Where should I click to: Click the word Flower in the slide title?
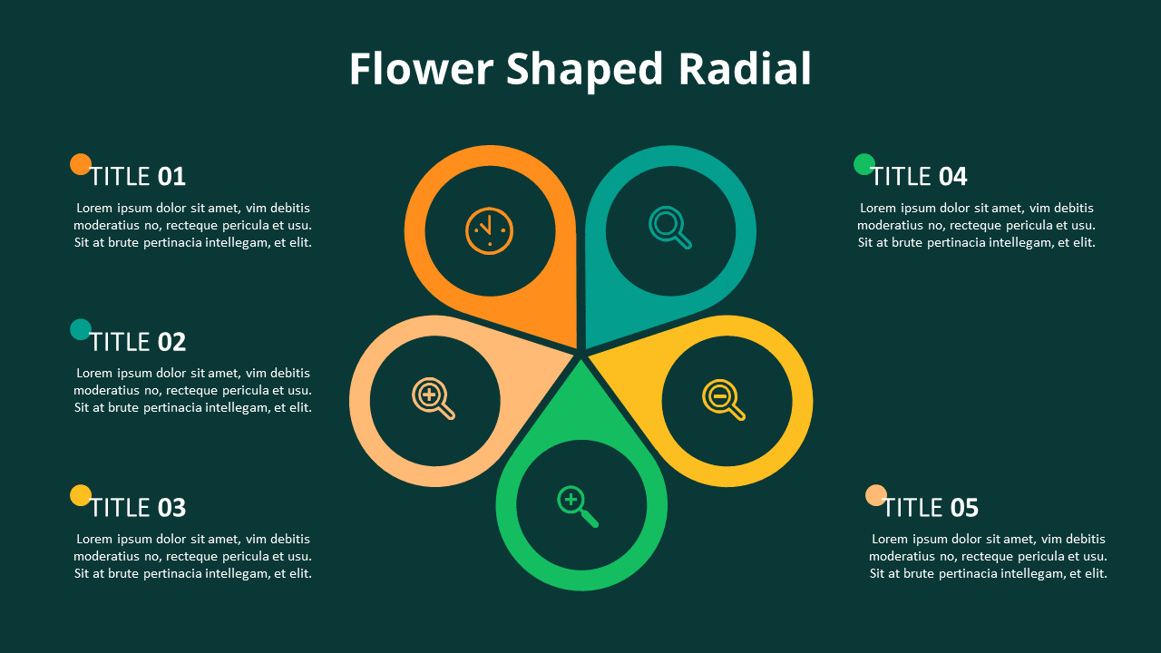pos(421,68)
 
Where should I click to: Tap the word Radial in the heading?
pos(745,68)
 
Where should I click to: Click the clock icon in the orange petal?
pos(489,231)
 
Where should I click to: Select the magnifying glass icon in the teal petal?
pos(669,228)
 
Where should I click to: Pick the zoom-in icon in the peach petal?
pos(434,398)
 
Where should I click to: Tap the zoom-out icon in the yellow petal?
pos(724,399)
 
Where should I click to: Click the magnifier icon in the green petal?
pos(578,506)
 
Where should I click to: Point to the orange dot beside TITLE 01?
pos(81,164)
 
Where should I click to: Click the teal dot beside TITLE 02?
pos(81,329)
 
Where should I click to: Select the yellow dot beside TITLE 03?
pos(81,495)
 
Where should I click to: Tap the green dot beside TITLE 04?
pos(864,164)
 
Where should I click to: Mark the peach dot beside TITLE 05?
pos(876,495)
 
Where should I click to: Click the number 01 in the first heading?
pos(171,177)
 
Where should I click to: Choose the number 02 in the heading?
pos(171,342)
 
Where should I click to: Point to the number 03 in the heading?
pos(171,508)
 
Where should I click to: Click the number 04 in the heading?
pos(953,177)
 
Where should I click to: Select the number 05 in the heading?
pos(964,508)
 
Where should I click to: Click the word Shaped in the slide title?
pos(585,71)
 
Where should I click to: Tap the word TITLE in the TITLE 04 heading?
pos(902,177)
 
